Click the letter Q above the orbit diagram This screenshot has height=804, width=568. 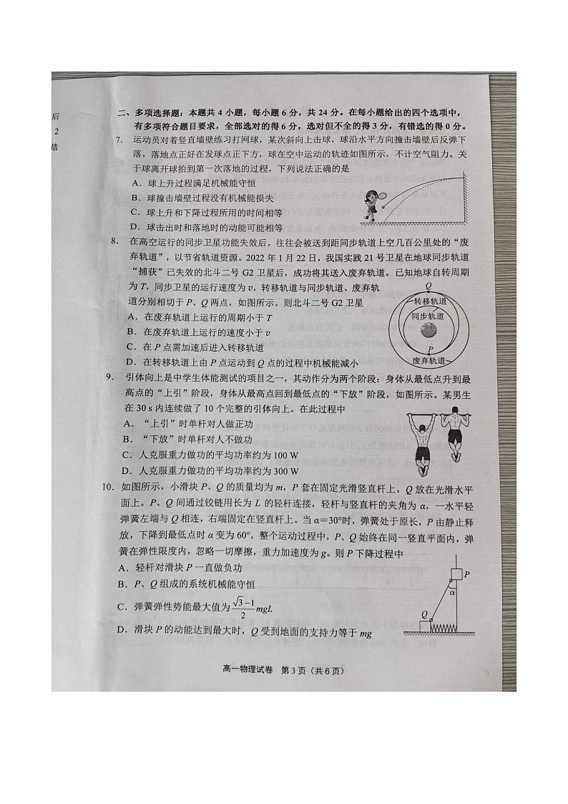[x=428, y=286]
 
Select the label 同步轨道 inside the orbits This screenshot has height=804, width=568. [x=428, y=316]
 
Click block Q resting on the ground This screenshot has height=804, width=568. [x=426, y=626]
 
